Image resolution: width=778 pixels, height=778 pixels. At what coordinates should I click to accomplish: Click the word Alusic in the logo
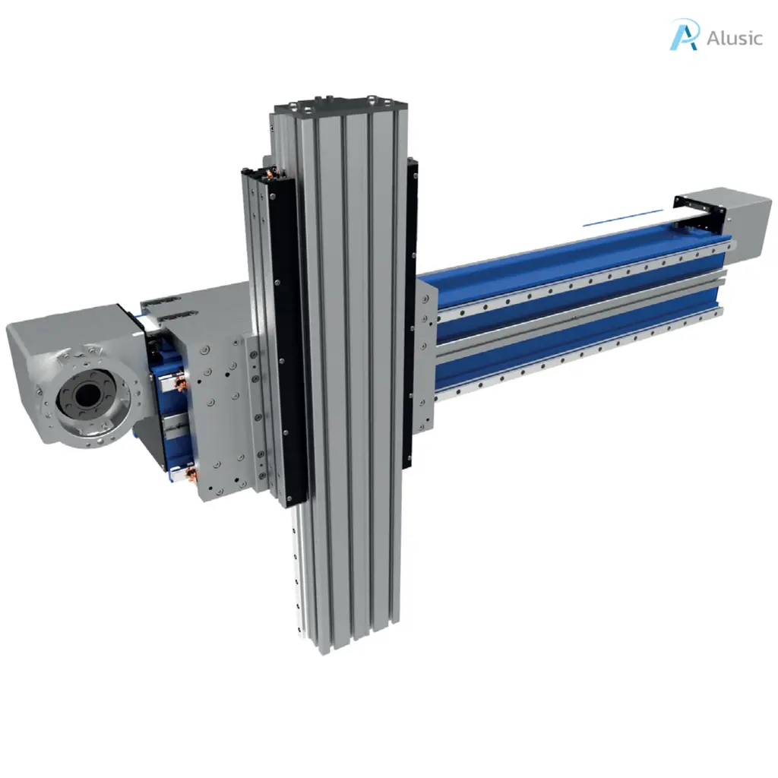(734, 38)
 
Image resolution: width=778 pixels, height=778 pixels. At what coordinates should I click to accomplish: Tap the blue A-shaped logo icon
(683, 36)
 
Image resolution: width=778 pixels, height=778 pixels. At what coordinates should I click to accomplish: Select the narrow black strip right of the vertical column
(412, 304)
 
